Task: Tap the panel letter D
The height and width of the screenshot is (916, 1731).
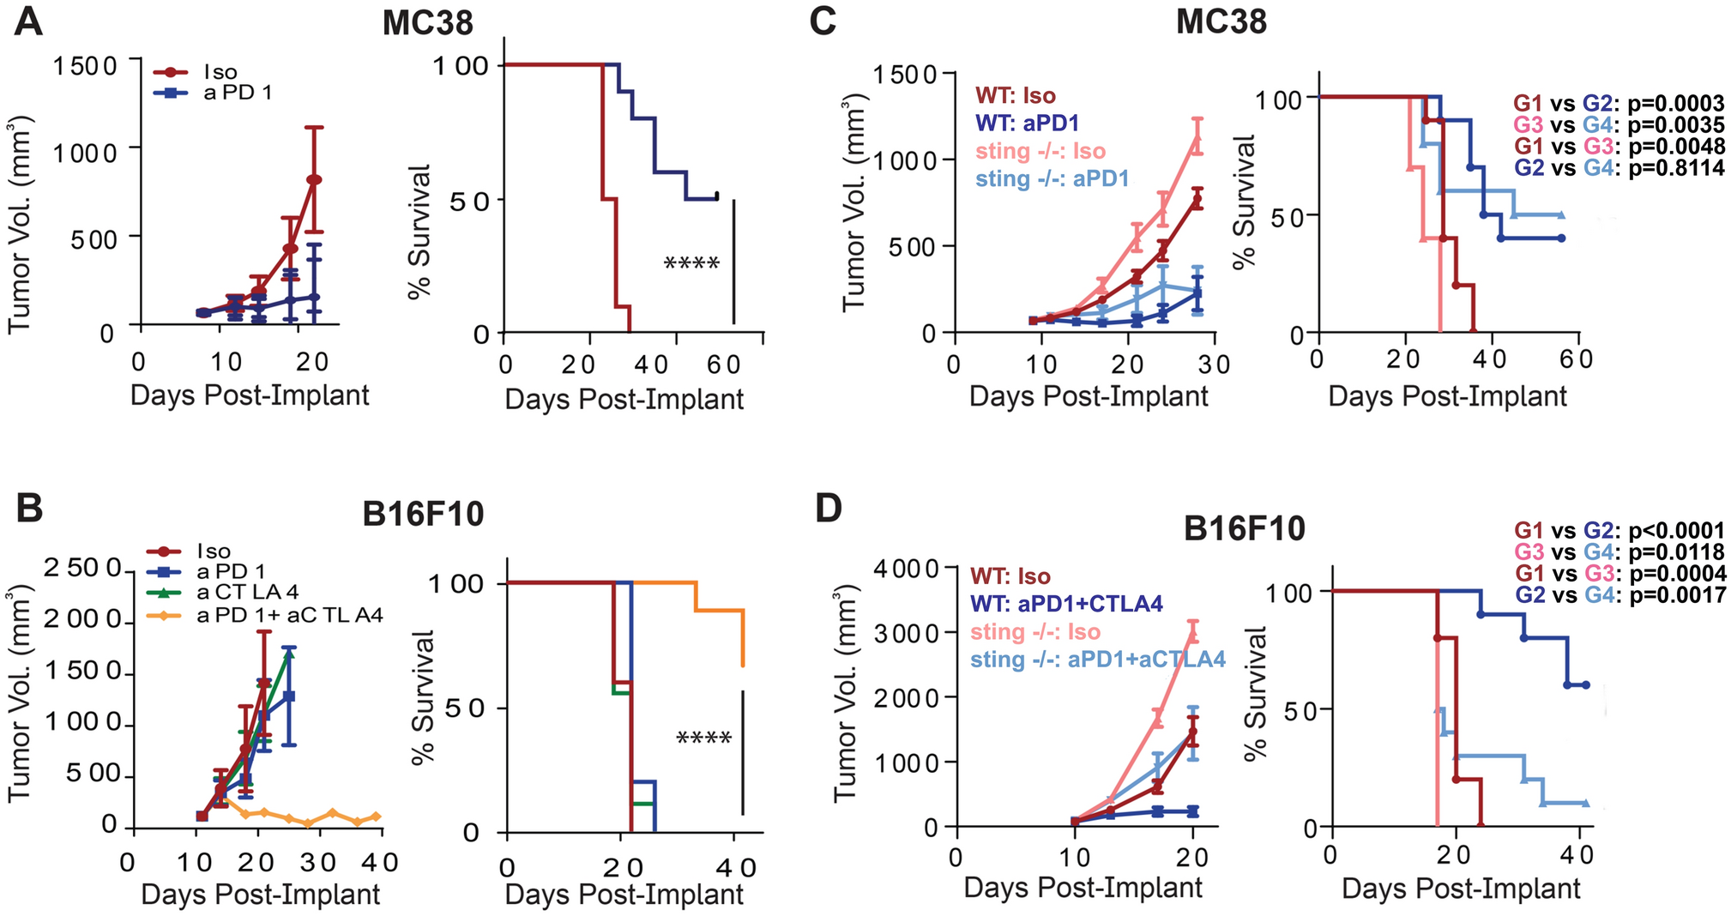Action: pyautogui.click(x=828, y=509)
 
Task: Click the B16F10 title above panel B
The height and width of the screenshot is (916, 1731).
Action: pyautogui.click(x=423, y=514)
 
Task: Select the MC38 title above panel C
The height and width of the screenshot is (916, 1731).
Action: pyautogui.click(x=1221, y=21)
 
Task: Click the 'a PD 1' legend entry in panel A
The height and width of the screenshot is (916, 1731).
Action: pyautogui.click(x=237, y=92)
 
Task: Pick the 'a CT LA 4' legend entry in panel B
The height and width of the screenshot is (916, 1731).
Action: pyautogui.click(x=248, y=592)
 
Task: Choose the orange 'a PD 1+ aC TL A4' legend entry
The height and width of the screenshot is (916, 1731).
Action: pyautogui.click(x=289, y=614)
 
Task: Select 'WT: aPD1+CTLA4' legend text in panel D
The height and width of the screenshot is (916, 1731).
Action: pyautogui.click(x=1066, y=604)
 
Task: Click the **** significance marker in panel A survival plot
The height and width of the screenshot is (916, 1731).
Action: pyautogui.click(x=691, y=263)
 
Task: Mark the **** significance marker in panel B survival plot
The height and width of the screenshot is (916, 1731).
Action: pyautogui.click(x=703, y=738)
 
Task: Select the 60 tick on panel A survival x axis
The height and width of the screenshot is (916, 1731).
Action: pyautogui.click(x=723, y=365)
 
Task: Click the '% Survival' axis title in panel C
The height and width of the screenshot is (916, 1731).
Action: pyautogui.click(x=1244, y=202)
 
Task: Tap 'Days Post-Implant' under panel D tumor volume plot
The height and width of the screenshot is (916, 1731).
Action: pyautogui.click(x=1083, y=888)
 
